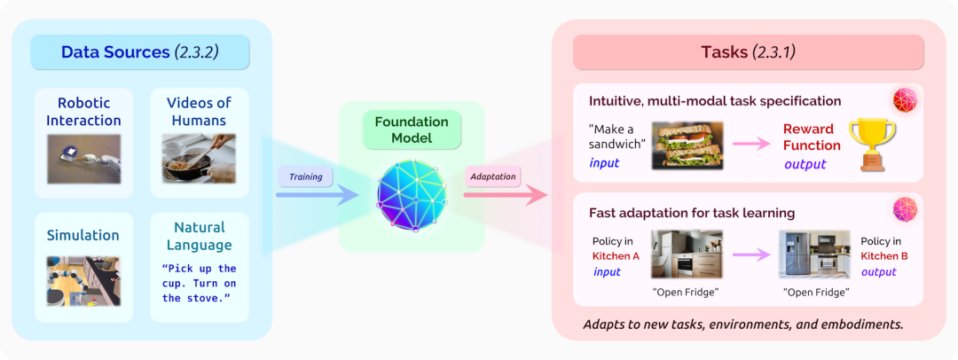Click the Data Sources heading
coord(140,52)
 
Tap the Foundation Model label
coord(412,129)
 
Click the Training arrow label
coord(305,177)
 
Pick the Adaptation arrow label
coord(492,177)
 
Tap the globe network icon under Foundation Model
coord(412,194)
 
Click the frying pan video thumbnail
coord(200,158)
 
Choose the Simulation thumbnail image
coord(83,280)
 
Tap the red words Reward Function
coord(811,137)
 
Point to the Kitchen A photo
coord(687,255)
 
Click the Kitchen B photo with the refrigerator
coord(813,255)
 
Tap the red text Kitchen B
coord(881,256)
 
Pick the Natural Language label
coord(200,236)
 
